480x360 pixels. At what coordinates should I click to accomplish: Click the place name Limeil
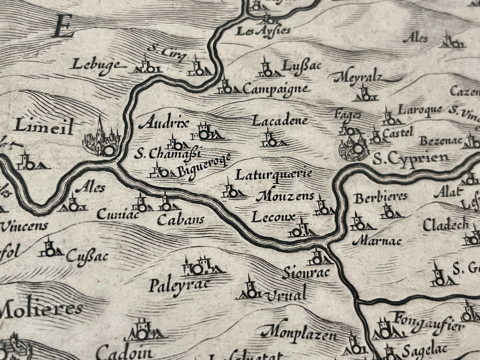44,127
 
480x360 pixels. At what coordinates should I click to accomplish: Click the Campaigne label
276,89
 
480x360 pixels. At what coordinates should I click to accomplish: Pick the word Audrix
164,124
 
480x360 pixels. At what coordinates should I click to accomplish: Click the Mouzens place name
285,197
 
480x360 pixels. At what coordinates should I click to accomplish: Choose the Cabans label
180,220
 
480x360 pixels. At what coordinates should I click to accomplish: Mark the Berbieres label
380,197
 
